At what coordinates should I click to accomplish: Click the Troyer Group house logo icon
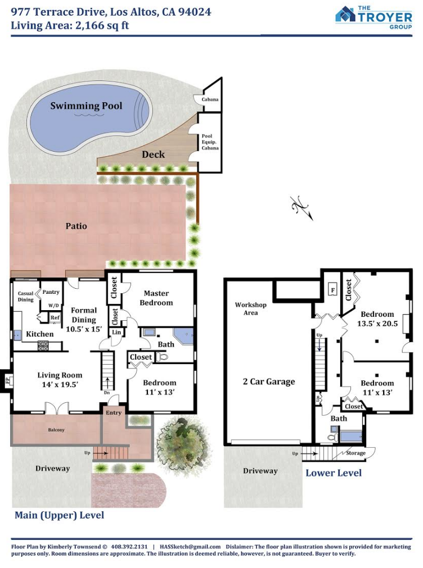(345, 14)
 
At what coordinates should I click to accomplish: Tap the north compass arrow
(302, 208)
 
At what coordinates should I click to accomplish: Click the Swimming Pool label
(86, 106)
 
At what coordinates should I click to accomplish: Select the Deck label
(154, 155)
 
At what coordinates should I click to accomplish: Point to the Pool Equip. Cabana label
(210, 142)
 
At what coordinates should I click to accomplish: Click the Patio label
(76, 226)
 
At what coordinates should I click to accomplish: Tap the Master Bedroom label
(156, 298)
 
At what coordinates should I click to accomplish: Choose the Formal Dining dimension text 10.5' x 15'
(84, 329)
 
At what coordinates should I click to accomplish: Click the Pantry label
(51, 292)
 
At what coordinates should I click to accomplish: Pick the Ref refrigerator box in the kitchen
(55, 317)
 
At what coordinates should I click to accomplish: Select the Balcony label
(56, 430)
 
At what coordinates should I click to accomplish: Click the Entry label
(114, 412)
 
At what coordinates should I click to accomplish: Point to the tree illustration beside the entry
(183, 439)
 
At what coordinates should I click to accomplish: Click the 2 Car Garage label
(269, 381)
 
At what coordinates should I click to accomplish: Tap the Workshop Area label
(251, 308)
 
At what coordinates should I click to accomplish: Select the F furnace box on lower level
(332, 289)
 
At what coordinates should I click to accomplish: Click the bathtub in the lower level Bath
(351, 435)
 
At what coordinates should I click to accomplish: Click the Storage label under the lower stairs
(356, 453)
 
